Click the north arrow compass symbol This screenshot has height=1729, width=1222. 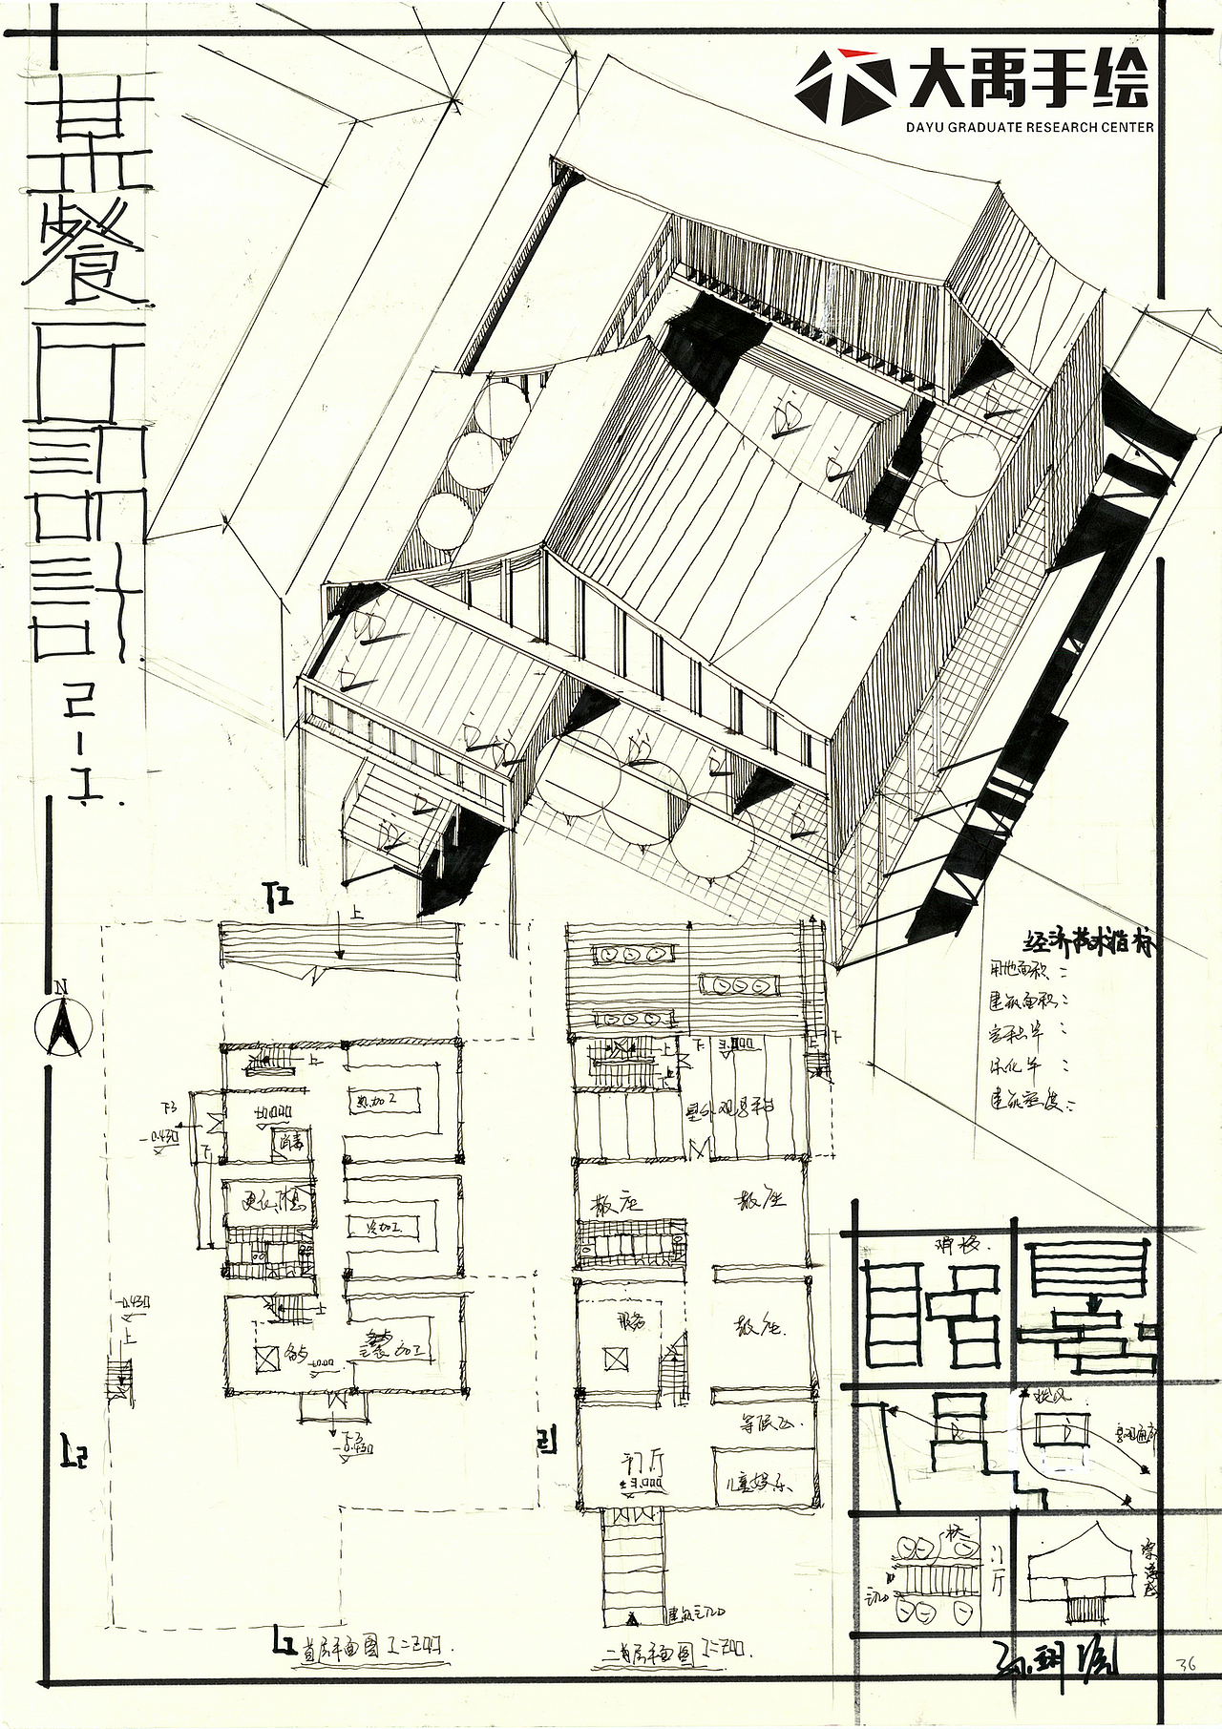61,1027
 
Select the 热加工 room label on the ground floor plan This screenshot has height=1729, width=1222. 376,1101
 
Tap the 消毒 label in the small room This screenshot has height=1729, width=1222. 289,1141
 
